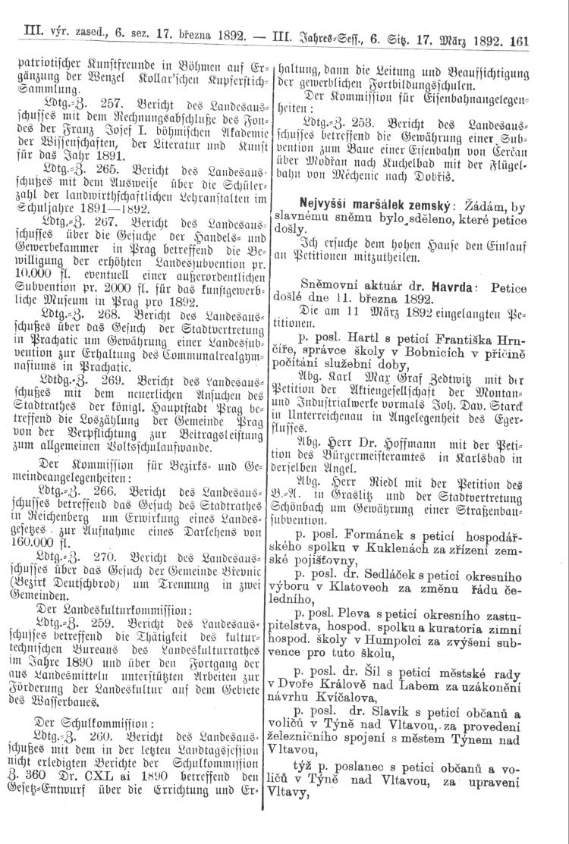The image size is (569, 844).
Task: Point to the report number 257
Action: coord(105,100)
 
